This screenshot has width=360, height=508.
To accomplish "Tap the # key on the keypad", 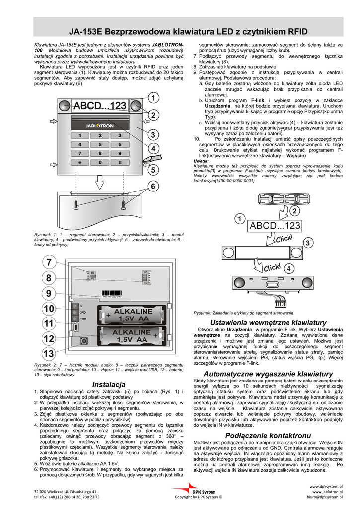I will coord(120,162).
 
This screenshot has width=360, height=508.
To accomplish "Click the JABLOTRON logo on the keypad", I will coord(99,126).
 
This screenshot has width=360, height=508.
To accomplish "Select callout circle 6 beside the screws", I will coord(153,187).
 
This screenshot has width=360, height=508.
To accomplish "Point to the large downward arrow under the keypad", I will coord(100,183).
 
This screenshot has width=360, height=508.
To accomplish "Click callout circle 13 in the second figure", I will coord(48,354).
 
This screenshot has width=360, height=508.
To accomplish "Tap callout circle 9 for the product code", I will coord(48,293).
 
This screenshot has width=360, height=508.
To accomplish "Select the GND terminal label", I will coord(83,312).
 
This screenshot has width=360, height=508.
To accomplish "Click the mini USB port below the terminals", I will coord(74,327).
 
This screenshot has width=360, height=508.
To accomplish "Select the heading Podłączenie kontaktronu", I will coord(268,435).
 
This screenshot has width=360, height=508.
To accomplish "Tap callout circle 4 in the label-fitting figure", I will coord(288,268).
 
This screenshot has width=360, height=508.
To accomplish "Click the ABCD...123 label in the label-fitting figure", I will coord(275,226).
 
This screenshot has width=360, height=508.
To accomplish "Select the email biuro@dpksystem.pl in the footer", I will coord(328,496).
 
